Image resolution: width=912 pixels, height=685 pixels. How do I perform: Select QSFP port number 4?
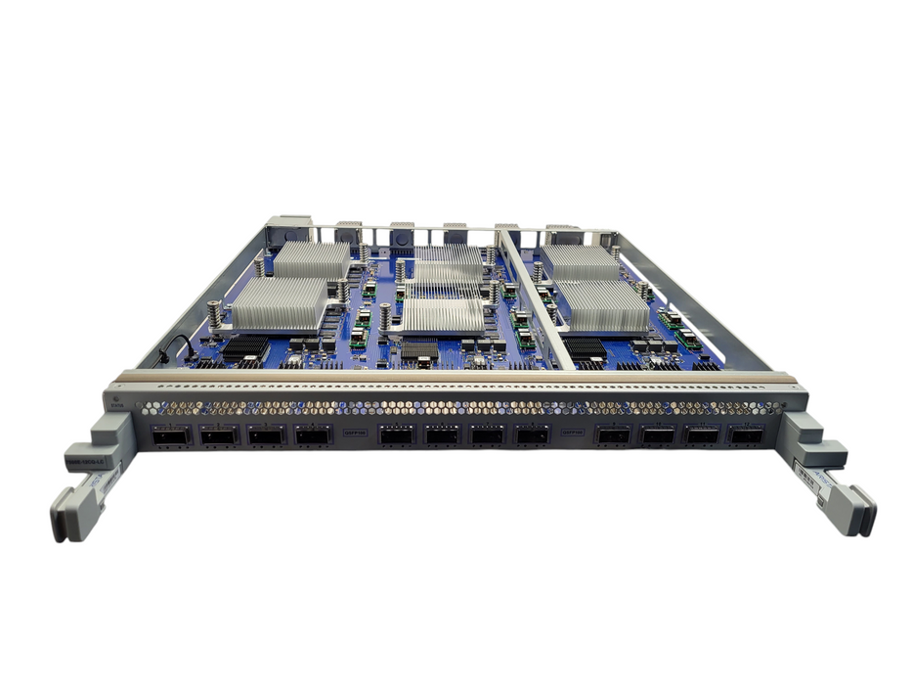pyautogui.click(x=314, y=435)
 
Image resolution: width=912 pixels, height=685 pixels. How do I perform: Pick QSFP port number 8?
pyautogui.click(x=532, y=435)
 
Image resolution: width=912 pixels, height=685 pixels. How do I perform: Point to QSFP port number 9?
pyautogui.click(x=615, y=435)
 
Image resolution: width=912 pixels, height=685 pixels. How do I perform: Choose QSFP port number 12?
pyautogui.click(x=746, y=435)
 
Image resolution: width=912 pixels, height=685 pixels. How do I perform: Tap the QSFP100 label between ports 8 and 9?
pyautogui.click(x=573, y=429)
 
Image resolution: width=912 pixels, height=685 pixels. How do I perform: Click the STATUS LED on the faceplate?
pyautogui.click(x=117, y=400)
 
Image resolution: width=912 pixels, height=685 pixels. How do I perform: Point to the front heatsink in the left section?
pyautogui.click(x=280, y=302)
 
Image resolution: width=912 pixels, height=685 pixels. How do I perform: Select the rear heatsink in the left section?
pyautogui.click(x=311, y=260)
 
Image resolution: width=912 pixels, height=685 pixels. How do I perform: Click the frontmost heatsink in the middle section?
pyautogui.click(x=442, y=316)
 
